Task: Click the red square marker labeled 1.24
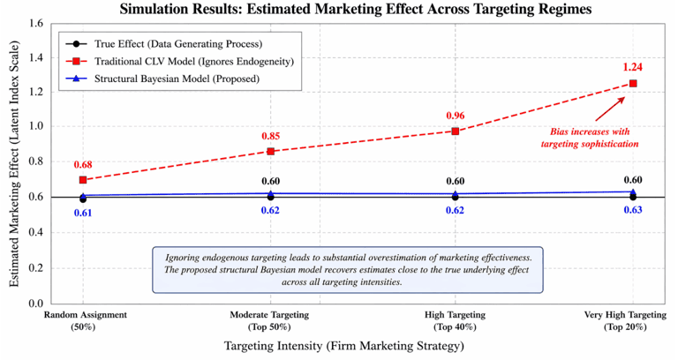(633, 84)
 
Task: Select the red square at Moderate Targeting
(271, 151)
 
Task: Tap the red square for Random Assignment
(83, 180)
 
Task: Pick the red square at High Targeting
(456, 131)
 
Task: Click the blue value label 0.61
(83, 213)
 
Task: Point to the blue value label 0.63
(633, 210)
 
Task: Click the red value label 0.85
(271, 136)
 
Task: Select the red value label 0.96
(456, 116)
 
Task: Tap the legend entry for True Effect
(164, 43)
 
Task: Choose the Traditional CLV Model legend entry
(179, 62)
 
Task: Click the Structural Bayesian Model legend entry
(162, 79)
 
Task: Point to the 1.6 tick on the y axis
(36, 23)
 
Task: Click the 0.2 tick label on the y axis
(36, 268)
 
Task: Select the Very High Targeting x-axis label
(625, 320)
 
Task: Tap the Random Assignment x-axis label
(85, 320)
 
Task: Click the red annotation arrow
(610, 109)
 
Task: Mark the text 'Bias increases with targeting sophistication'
(590, 138)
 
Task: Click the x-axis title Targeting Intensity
(343, 346)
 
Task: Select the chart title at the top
(356, 9)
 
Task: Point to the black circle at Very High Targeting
(633, 197)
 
